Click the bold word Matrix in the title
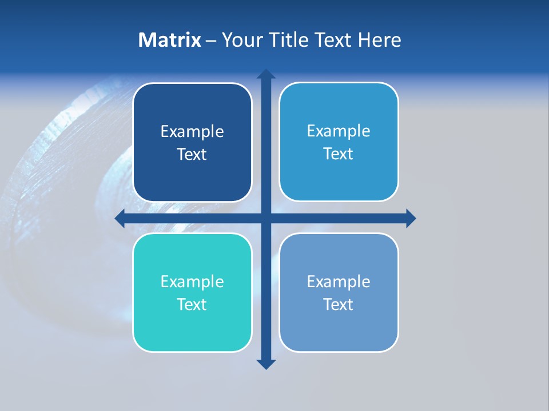(170, 40)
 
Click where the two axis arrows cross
(266, 218)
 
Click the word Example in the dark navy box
(192, 132)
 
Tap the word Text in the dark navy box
(192, 155)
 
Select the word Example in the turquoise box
(192, 281)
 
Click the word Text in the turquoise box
(192, 304)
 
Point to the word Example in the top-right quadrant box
(339, 131)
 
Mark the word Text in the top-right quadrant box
(339, 154)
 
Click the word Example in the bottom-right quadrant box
(339, 281)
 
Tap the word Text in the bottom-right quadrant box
(339, 304)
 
